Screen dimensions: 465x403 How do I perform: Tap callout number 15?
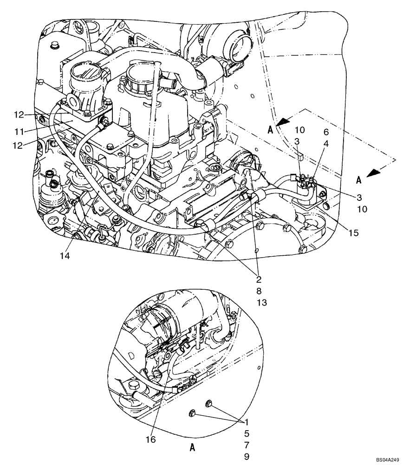pos(353,233)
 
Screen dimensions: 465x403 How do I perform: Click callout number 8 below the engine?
pos(259,292)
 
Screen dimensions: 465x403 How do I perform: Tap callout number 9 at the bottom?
pos(247,456)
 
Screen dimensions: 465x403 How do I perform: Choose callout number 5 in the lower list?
pos(247,433)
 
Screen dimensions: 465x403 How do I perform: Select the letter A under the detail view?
pos(191,448)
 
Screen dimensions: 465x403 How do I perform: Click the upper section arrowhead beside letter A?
pos(283,122)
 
